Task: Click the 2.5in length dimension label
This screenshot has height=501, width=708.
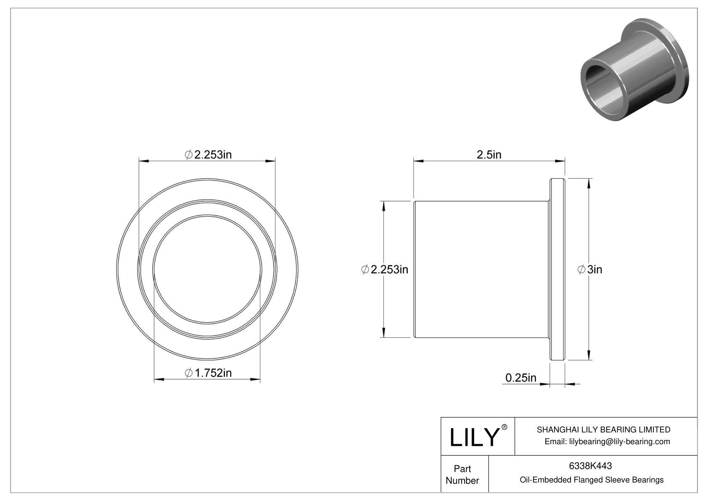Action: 489,155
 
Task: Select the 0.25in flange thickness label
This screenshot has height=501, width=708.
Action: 520,378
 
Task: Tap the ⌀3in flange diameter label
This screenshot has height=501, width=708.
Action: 590,269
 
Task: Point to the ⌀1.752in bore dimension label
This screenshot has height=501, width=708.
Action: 208,373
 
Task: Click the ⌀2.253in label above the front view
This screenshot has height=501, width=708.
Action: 208,155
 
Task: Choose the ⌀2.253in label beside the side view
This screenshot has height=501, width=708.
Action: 385,269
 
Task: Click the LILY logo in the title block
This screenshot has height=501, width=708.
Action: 474,437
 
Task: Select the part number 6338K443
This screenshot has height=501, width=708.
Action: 590,466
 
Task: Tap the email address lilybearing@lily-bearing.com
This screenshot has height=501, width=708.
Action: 619,441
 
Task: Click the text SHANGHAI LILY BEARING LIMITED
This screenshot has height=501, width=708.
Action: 603,429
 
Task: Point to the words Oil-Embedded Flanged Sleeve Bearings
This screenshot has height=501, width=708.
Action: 592,480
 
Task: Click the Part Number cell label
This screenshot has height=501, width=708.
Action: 462,474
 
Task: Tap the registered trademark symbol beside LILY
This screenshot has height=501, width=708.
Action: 505,427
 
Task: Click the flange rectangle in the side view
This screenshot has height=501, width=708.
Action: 557,269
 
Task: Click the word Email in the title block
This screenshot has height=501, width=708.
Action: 555,441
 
